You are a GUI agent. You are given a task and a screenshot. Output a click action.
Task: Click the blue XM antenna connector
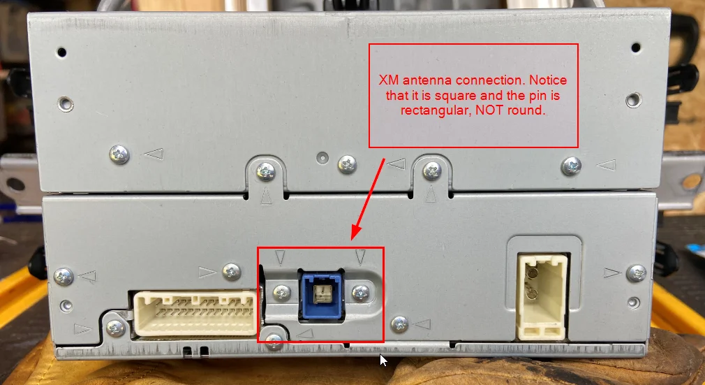[x=322, y=296]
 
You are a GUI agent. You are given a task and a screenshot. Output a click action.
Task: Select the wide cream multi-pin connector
[x=196, y=314]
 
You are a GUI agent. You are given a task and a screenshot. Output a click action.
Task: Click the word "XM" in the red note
[x=389, y=80]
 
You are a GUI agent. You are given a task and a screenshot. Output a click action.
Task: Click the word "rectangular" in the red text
[x=435, y=110]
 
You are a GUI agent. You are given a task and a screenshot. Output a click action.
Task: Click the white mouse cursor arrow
[x=383, y=360]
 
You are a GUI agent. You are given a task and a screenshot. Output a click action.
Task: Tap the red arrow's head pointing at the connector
[x=357, y=232]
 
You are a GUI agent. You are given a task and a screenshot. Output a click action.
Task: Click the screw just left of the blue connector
[x=282, y=293]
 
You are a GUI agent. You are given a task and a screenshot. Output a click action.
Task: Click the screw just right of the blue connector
[x=361, y=293]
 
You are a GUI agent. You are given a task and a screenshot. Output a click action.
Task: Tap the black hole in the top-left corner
[x=61, y=52]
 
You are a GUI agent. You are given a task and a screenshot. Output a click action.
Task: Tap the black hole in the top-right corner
[x=636, y=48]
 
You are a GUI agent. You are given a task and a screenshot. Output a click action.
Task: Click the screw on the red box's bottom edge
[x=274, y=341]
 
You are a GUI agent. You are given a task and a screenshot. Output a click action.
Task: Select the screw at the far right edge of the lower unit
[x=636, y=273]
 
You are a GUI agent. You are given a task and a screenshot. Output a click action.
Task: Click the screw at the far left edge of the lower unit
[x=64, y=276]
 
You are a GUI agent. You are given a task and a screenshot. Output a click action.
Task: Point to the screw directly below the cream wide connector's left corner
[x=116, y=328]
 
